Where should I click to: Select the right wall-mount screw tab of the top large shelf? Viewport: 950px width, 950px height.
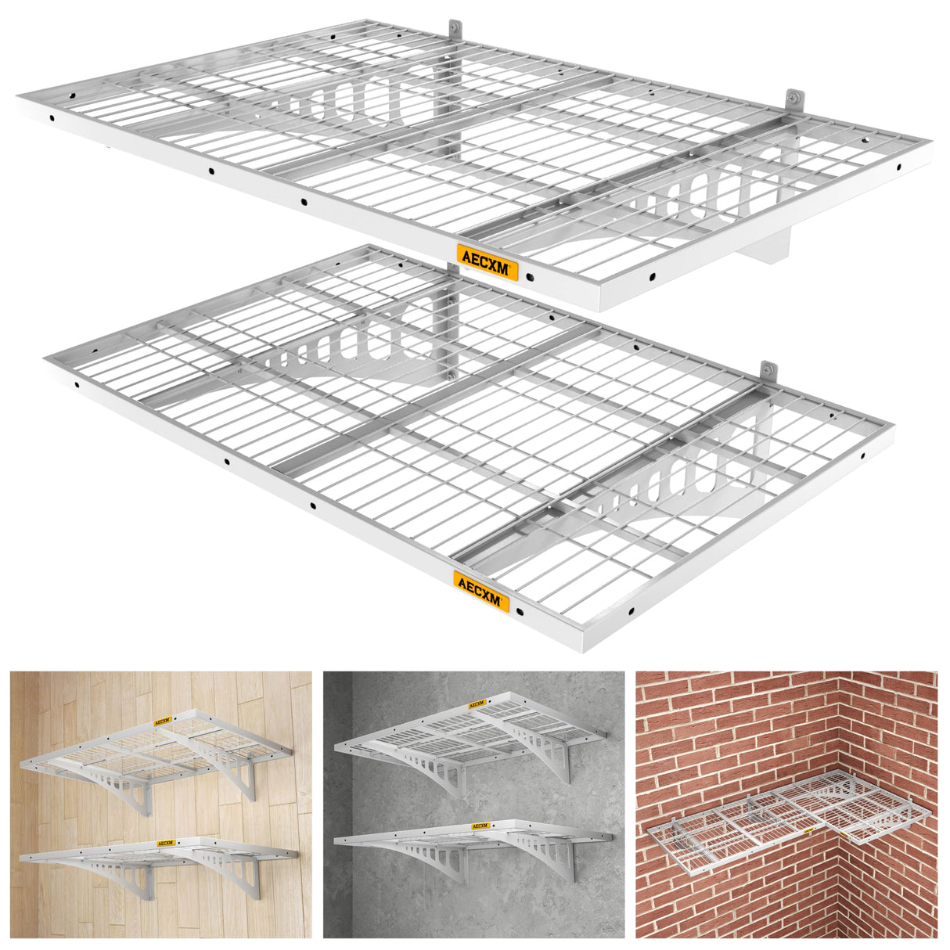coord(793,99)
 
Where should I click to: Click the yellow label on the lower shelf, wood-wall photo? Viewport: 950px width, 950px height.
coord(165,843)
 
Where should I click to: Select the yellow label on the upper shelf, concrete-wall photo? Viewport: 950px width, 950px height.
coord(477,704)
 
